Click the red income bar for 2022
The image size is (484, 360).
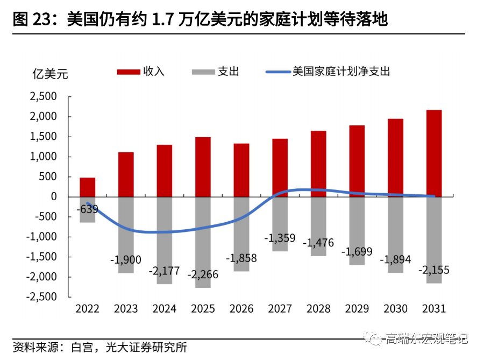pyautogui.click(x=88, y=187)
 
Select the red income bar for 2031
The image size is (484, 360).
pyautogui.click(x=434, y=153)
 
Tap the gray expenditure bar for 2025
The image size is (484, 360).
pyautogui.click(x=203, y=242)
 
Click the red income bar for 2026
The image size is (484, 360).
pyautogui.click(x=241, y=170)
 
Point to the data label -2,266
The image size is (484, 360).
pyautogui.click(x=203, y=274)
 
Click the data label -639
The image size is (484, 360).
pyautogui.click(x=87, y=209)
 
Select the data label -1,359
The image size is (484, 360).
pyautogui.click(x=280, y=237)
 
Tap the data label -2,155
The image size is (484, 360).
pyautogui.click(x=433, y=270)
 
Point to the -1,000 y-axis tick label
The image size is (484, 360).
pyautogui.click(x=42, y=237)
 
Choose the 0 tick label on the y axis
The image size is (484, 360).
pyautogui.click(x=54, y=197)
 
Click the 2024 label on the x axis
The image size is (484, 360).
pyautogui.click(x=165, y=309)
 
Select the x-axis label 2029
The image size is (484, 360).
pyautogui.click(x=357, y=309)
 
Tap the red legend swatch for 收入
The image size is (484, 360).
pyautogui.click(x=128, y=72)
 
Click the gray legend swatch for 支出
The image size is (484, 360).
pyautogui.click(x=202, y=72)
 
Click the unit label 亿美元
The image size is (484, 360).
pyautogui.click(x=51, y=74)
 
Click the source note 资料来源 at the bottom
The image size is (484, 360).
pyautogui.click(x=34, y=347)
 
